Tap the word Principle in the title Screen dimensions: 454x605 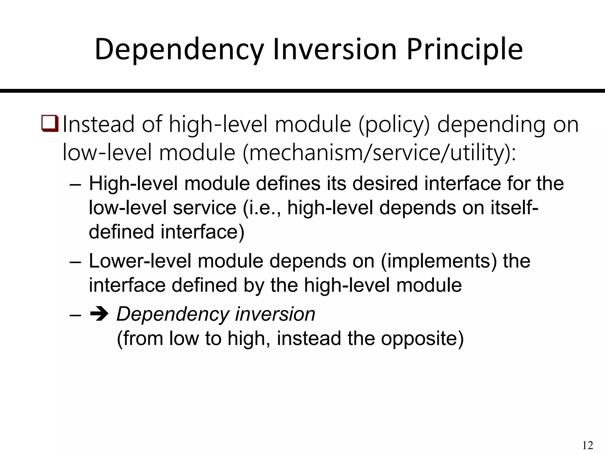pyautogui.click(x=464, y=50)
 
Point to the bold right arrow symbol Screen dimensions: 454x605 pyautogui.click(x=98, y=314)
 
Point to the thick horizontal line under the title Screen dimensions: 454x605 pyautogui.click(x=302, y=91)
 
